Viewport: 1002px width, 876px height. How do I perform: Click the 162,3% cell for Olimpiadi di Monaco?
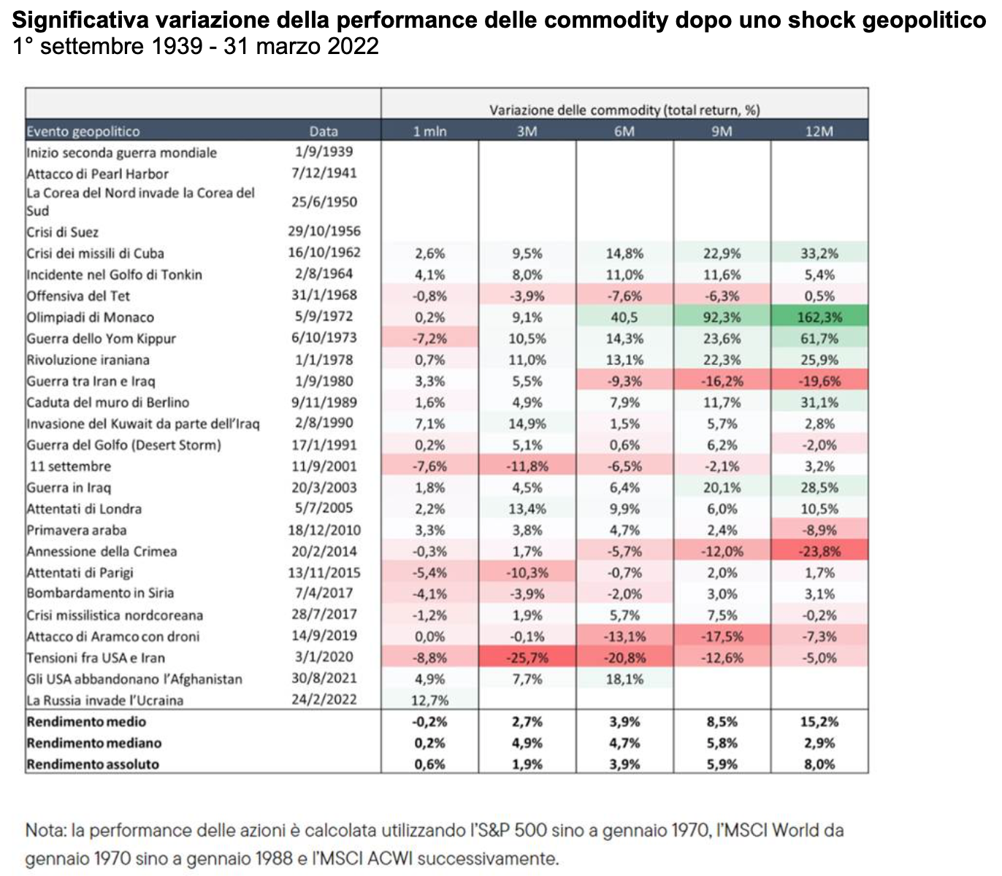click(x=819, y=318)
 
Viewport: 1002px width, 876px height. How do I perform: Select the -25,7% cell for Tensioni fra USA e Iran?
click(x=527, y=658)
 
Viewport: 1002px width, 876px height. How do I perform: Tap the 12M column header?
click(x=819, y=131)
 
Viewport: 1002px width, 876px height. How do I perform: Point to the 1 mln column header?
click(x=429, y=131)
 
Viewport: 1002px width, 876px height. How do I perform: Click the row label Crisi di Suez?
click(x=63, y=232)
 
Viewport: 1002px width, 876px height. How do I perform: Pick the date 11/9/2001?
click(x=323, y=466)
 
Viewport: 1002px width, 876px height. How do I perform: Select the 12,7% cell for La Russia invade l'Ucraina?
click(x=429, y=700)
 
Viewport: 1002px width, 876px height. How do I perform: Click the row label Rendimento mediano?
click(x=94, y=743)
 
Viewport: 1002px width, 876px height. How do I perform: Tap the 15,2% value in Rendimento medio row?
click(x=819, y=722)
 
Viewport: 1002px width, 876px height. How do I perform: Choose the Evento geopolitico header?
click(x=83, y=131)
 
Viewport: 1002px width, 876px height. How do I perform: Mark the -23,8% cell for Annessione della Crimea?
click(x=819, y=552)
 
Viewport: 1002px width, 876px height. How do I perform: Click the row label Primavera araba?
click(x=77, y=530)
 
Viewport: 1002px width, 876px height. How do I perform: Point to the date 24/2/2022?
click(x=323, y=699)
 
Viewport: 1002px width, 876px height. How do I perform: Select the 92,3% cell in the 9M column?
click(x=722, y=318)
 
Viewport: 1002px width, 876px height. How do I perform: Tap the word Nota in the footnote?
click(x=43, y=831)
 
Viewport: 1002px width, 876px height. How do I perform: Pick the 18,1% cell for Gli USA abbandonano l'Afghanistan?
click(x=624, y=679)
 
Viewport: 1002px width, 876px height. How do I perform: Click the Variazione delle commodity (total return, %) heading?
click(x=624, y=110)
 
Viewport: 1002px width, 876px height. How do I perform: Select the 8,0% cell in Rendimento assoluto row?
click(x=819, y=764)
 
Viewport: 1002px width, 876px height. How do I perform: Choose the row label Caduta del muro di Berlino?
click(x=108, y=403)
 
